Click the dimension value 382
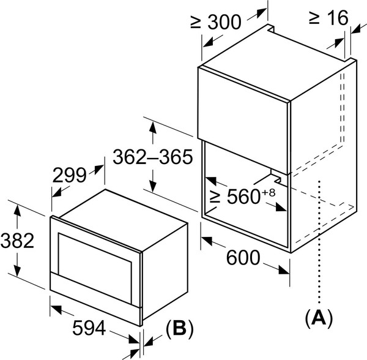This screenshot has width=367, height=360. coord(17,241)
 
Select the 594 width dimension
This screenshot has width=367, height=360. coord(89,328)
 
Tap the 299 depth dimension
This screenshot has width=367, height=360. coord(70,175)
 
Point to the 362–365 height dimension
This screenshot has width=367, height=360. coord(153,157)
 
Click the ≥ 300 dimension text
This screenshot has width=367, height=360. coord(215,22)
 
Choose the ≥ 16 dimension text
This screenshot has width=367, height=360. coord(328,17)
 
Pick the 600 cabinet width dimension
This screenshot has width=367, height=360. coord(243,257)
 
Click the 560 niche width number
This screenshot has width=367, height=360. coord(243,197)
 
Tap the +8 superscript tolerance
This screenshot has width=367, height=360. coord(268,193)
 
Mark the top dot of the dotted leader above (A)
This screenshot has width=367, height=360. coord(319,181)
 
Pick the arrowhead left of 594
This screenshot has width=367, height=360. coord(56,309)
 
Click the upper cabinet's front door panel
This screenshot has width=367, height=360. coord(242,121)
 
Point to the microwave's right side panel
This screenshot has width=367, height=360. coord(165,272)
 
